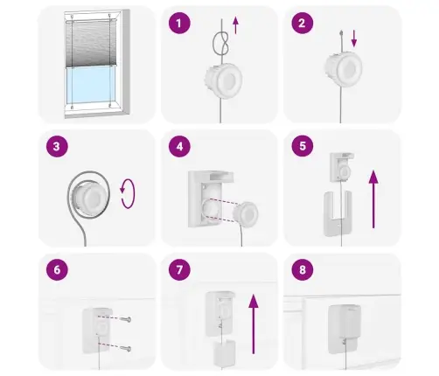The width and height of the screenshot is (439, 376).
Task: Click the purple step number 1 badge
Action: [x=179, y=23]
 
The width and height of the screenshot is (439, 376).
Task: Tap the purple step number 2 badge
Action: [x=303, y=23]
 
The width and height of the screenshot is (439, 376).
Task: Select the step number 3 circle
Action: [x=57, y=146]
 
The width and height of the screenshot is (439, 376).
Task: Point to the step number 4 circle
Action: [x=179, y=146]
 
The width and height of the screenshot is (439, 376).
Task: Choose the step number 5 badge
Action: [x=303, y=146]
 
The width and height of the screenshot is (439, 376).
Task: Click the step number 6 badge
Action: [x=57, y=269]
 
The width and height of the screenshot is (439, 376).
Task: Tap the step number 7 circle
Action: [x=179, y=269]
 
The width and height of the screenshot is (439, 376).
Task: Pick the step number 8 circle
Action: [x=303, y=269]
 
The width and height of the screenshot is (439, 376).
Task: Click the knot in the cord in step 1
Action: [x=221, y=43]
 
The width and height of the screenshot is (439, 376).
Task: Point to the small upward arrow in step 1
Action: [x=235, y=25]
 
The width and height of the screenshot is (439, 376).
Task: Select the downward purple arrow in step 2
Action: [x=354, y=38]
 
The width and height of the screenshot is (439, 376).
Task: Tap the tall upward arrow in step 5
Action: [x=373, y=199]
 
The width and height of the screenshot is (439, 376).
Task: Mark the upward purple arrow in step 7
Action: [x=254, y=324]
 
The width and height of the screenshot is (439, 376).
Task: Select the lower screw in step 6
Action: [x=126, y=348]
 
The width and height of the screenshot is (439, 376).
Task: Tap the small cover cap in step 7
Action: [x=225, y=353]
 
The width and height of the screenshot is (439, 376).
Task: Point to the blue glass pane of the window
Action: [x=91, y=85]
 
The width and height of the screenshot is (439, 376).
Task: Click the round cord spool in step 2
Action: [x=344, y=69]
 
